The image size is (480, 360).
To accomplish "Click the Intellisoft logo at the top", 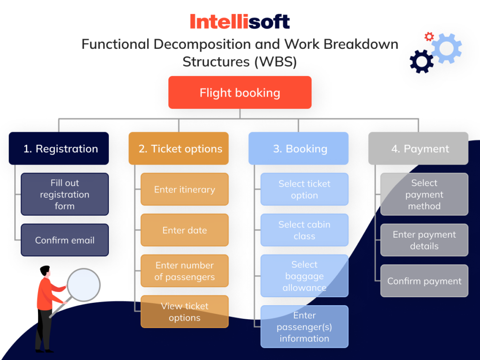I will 240,22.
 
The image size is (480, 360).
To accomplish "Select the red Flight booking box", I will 240,92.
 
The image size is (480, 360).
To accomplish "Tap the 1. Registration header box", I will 59,149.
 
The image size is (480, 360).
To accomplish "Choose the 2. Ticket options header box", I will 179,149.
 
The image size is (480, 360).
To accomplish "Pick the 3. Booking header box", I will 299,149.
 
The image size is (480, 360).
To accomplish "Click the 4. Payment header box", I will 418,149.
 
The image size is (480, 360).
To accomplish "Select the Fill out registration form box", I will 65,194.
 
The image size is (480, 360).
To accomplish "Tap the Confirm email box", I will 65,240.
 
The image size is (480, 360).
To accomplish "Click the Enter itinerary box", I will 185,189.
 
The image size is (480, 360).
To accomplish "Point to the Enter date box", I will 185,230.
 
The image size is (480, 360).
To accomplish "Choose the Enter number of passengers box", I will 185,271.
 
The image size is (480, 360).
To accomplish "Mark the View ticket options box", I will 185,312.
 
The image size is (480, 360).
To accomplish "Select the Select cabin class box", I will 305,230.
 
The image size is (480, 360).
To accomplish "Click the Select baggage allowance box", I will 305,276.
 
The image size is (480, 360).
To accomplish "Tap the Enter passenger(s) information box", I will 305,327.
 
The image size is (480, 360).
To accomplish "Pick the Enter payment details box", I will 424,240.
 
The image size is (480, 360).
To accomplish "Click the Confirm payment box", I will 424,281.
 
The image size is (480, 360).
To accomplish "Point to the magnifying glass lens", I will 83,285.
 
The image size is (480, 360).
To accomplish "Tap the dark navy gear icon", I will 421,61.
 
